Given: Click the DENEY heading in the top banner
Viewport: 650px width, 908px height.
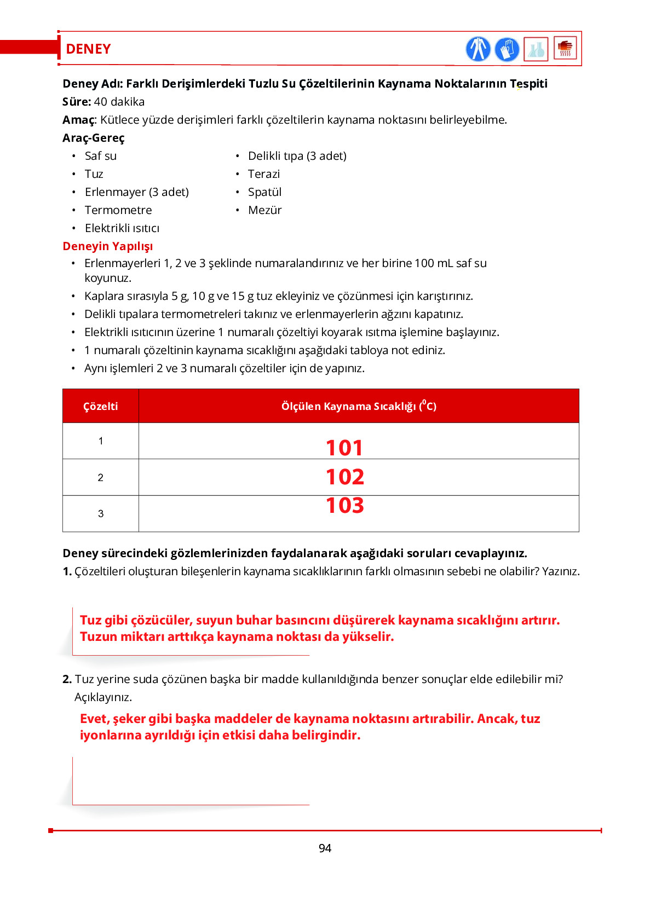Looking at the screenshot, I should click(88, 49).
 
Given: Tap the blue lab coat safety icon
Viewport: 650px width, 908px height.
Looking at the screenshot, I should click(478, 49).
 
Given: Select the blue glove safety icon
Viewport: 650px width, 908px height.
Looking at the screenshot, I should click(507, 49).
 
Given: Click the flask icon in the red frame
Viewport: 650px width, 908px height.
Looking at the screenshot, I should click(536, 49).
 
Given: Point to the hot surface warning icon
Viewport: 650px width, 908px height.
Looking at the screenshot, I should click(565, 48).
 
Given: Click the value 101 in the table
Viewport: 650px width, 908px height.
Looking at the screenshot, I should click(344, 448).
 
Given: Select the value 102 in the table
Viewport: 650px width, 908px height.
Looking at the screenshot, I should click(344, 477).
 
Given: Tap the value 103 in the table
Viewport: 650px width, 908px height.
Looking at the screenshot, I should click(344, 505).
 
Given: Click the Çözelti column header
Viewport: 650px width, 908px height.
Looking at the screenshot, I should click(100, 406).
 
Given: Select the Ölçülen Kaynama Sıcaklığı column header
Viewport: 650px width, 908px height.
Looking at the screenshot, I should click(359, 406).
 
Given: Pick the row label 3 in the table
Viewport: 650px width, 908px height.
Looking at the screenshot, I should click(101, 513).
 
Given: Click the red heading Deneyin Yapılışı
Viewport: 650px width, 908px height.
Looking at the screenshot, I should click(108, 246).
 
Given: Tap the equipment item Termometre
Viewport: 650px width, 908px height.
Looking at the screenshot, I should click(118, 210).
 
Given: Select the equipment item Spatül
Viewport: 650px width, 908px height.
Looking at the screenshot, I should click(264, 192).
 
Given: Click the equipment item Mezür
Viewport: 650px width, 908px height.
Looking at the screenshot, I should click(264, 210).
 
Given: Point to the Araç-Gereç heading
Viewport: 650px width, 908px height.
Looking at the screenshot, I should click(94, 138).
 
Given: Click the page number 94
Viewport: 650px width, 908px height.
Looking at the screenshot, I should click(325, 848).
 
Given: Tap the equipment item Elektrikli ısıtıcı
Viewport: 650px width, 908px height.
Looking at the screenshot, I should click(122, 228).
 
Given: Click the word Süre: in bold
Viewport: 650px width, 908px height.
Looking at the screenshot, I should click(77, 102).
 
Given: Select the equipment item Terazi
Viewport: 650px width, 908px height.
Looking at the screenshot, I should click(263, 174).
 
